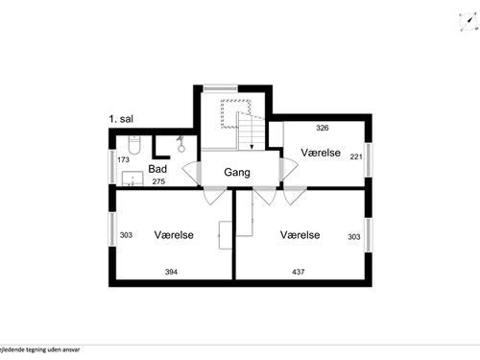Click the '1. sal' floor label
(123, 120)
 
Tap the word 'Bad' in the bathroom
(157, 169)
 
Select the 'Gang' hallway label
(237, 173)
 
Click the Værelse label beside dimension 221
(321, 153)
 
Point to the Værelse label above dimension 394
(174, 234)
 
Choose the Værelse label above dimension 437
(300, 234)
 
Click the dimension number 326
(323, 127)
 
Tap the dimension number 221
(355, 156)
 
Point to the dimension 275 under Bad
(158, 180)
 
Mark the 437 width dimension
(300, 272)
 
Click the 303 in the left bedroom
(126, 234)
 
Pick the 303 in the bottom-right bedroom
(354, 234)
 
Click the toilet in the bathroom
(135, 145)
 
